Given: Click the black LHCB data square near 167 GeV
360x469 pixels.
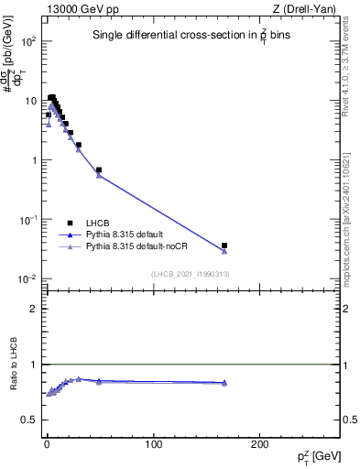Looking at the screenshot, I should (224, 245).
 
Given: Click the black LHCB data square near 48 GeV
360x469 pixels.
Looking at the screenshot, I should (98, 169).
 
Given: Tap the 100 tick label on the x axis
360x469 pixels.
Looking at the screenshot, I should (154, 443).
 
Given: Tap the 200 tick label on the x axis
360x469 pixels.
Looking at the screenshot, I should (261, 443).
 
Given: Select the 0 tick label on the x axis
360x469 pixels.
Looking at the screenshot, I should (47, 443).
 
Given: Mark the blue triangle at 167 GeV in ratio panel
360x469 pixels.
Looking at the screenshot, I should (224, 382).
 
